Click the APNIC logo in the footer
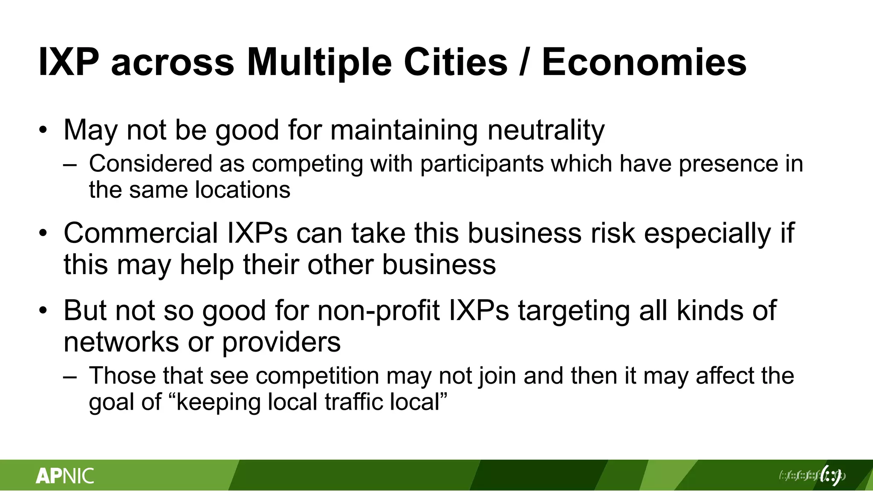point(65,476)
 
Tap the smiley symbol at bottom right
point(831,475)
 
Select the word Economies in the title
point(644,62)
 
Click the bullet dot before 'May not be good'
point(43,130)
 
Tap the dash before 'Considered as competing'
point(69,165)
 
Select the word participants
point(482,164)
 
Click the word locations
point(243,190)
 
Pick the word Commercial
point(141,233)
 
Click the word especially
point(708,234)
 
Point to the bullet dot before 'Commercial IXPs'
point(43,233)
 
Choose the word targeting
point(574,311)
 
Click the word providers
point(281,342)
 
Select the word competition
point(318,376)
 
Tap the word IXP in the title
point(69,62)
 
